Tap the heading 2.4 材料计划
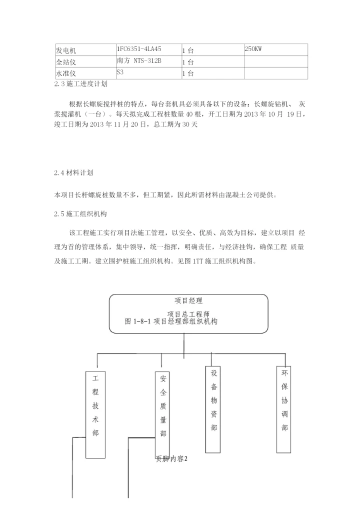(x=73, y=173)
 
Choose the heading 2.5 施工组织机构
(x=80, y=213)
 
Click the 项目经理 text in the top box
(x=188, y=301)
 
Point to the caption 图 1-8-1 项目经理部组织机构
(x=171, y=321)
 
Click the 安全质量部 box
(x=163, y=407)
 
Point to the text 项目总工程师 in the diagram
(x=188, y=314)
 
